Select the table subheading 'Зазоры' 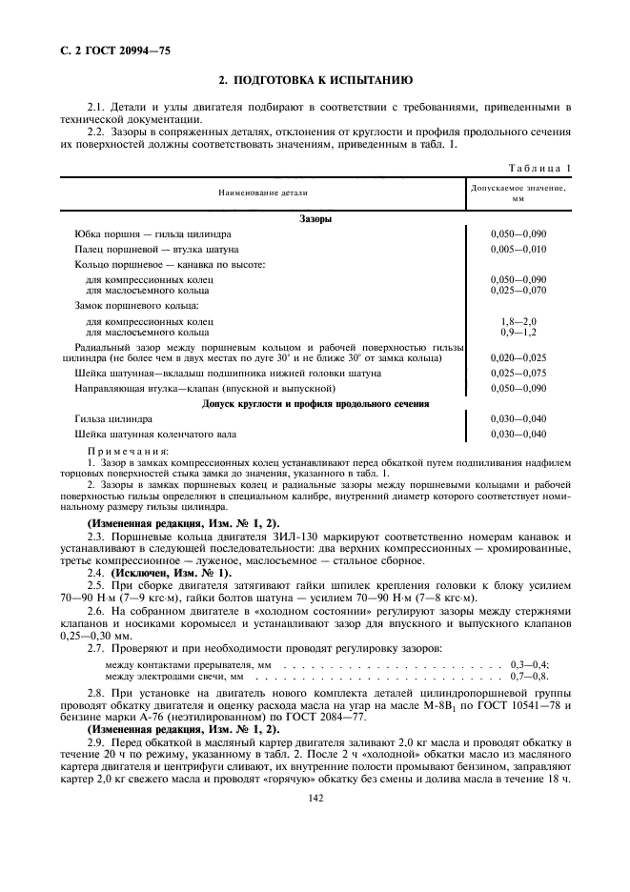point(315,218)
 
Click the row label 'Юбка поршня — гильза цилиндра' point(152,233)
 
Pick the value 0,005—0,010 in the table point(518,249)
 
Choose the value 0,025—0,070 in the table point(518,288)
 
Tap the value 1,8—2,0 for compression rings point(518,322)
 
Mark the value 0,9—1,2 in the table point(518,332)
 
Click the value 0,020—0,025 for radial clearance point(518,357)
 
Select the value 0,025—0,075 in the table point(518,373)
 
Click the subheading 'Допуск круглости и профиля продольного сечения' point(315,403)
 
